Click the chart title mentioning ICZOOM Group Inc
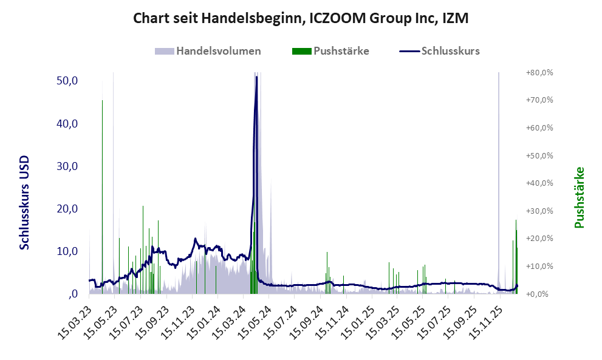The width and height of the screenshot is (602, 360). click(301, 19)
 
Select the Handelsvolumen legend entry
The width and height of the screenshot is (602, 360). click(219, 51)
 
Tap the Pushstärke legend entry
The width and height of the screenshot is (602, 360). click(341, 51)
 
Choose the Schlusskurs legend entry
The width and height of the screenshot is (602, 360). click(450, 51)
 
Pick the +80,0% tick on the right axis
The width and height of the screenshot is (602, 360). click(539, 72)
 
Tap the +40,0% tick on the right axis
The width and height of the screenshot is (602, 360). click(539, 183)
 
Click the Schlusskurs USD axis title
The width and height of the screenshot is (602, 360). click(24, 203)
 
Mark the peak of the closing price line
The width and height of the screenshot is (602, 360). click(257, 77)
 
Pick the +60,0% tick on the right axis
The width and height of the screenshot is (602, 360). click(539, 127)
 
